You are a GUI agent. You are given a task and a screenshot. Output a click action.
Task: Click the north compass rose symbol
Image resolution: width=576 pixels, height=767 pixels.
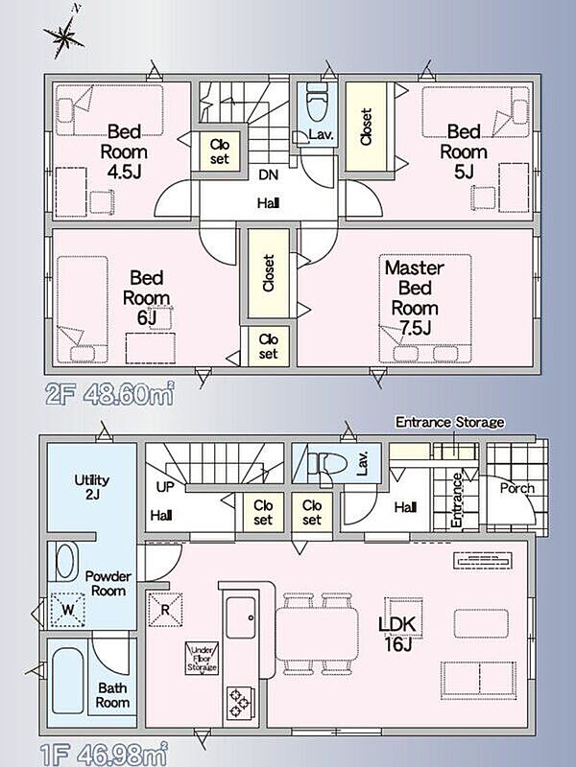(x=64, y=35)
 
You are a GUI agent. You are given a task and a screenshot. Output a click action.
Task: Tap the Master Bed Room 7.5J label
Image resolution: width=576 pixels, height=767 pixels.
(x=415, y=297)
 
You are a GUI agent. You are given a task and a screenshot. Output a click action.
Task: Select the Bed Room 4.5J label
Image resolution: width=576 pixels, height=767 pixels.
(x=124, y=151)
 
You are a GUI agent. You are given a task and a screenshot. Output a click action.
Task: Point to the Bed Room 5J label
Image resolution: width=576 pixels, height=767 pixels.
(x=464, y=151)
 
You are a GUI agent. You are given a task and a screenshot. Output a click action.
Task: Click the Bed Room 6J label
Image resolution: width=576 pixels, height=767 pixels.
(x=147, y=297)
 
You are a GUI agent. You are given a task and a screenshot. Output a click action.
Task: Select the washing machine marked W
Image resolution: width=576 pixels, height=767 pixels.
(x=68, y=610)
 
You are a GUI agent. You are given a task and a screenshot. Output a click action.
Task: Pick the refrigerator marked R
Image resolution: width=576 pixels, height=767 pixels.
(x=165, y=610)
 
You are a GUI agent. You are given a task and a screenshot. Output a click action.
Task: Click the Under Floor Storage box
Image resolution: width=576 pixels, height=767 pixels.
(x=202, y=659)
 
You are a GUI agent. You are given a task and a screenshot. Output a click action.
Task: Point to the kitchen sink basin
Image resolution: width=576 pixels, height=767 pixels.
(x=240, y=617)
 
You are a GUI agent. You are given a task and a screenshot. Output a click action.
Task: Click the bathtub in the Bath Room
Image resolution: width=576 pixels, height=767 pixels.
(x=68, y=681)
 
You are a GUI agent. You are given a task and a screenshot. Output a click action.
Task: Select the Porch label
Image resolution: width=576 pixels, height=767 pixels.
(x=517, y=488)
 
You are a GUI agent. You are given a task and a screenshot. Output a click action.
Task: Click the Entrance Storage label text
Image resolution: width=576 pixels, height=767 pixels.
(x=449, y=422)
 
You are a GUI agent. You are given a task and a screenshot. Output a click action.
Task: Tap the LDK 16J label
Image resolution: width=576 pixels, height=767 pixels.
(x=397, y=634)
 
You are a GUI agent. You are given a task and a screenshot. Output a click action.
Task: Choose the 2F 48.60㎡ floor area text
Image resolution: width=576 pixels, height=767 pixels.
(x=109, y=394)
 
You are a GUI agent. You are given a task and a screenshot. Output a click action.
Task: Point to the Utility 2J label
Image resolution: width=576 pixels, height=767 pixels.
(x=91, y=487)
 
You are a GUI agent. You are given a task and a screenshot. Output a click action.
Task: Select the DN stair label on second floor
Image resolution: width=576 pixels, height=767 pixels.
(x=268, y=174)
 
